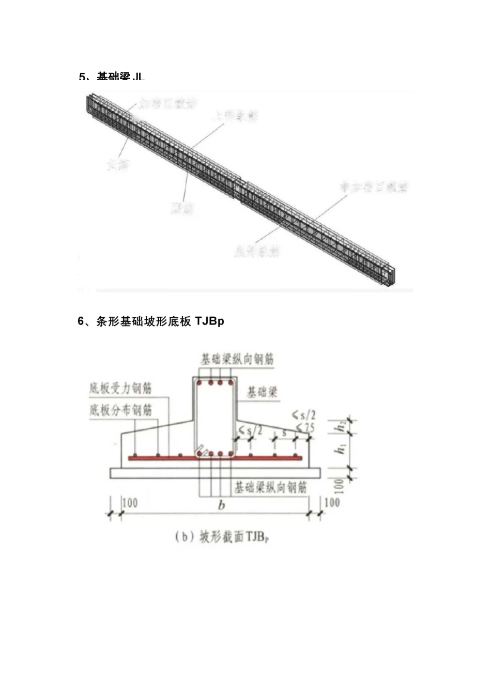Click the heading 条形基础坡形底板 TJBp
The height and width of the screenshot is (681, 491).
(151, 321)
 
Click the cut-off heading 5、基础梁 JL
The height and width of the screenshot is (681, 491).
(112, 77)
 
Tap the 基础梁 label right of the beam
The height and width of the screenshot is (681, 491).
(262, 392)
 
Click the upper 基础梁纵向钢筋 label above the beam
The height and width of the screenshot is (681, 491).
(237, 359)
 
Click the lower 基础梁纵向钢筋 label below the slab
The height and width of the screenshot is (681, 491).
(270, 487)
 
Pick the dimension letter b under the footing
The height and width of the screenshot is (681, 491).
(221, 505)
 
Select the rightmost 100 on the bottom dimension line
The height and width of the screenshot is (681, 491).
(332, 502)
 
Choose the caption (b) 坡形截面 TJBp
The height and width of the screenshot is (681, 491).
(223, 537)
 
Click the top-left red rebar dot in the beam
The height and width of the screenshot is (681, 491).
(201, 383)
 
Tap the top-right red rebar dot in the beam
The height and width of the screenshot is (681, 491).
(229, 383)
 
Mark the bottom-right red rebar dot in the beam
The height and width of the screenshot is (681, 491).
(229, 454)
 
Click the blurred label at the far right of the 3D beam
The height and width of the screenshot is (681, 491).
(373, 187)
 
